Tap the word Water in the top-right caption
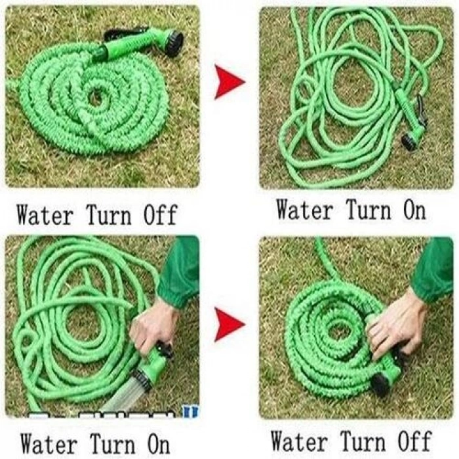click(305, 210)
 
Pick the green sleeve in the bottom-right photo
click(433, 269)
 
